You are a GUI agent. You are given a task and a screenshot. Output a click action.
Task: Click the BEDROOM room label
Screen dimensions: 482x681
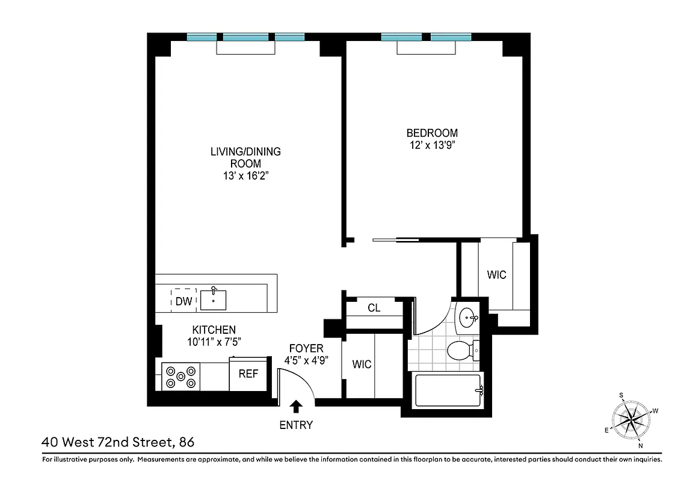click(x=432, y=133)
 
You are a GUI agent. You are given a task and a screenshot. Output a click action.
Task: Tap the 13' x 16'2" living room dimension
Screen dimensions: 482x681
click(x=245, y=176)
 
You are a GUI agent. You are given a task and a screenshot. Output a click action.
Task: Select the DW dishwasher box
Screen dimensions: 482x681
click(x=183, y=301)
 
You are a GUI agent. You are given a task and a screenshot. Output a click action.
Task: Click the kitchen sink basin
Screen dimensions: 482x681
click(x=214, y=299)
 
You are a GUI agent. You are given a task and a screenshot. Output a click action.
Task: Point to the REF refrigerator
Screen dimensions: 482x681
click(x=248, y=374)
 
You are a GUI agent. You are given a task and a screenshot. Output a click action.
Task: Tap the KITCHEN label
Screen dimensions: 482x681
click(x=214, y=330)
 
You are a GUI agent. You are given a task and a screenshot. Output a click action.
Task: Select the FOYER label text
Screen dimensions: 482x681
click(x=306, y=348)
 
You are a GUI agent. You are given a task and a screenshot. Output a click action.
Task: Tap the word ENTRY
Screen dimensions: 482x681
click(x=296, y=425)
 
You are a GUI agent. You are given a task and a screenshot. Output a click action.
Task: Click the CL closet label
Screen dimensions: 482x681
click(x=374, y=308)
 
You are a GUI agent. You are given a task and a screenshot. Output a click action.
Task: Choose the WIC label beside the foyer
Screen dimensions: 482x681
click(x=362, y=365)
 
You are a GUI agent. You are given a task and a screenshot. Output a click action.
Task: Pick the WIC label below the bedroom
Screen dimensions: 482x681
click(x=496, y=275)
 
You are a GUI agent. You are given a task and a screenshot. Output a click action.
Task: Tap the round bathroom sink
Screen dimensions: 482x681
click(x=467, y=318)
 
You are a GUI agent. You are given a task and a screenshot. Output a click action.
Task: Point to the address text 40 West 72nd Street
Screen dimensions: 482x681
click(x=108, y=442)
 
